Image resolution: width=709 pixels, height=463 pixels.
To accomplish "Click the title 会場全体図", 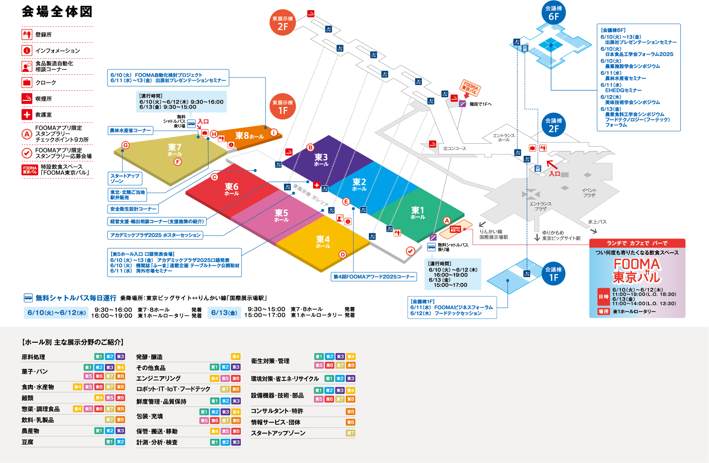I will coord(57,12).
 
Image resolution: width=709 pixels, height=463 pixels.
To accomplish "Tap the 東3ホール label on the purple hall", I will coord(321,159).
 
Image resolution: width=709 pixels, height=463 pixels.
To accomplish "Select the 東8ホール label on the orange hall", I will coord(249,136).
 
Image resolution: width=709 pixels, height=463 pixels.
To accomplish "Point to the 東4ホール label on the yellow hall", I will coord(323,241).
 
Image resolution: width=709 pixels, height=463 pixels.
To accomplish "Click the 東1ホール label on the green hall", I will coord(418,212).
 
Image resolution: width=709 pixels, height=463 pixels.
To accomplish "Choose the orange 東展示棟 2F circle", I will coord(282,23).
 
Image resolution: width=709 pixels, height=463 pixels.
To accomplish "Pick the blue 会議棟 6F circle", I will coord(553,13).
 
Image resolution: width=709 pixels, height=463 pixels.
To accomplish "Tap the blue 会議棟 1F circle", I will coord(553,274).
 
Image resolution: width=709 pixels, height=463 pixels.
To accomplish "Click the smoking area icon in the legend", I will coord(27,98).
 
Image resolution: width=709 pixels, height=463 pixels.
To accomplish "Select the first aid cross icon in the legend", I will coord(27,115).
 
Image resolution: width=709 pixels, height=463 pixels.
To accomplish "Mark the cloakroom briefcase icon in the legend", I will coord(27,82).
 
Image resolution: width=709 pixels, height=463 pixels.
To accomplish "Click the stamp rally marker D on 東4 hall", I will coord(343,254).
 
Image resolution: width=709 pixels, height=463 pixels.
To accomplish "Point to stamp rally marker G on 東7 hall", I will coord(126,145).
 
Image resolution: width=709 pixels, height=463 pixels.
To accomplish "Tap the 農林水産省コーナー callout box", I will coord(130,130).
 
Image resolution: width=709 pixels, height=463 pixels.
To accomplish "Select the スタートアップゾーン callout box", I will coord(125,178).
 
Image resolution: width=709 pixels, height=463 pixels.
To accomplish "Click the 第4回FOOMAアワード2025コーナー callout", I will coord(374,277).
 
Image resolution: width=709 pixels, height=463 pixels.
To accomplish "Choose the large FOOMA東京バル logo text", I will coord(636,270).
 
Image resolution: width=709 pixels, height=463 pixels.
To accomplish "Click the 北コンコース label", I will coord(454,149).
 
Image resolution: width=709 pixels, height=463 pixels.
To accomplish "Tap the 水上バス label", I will coord(597,222).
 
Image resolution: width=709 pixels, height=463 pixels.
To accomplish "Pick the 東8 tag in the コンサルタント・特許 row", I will coord(350,412).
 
